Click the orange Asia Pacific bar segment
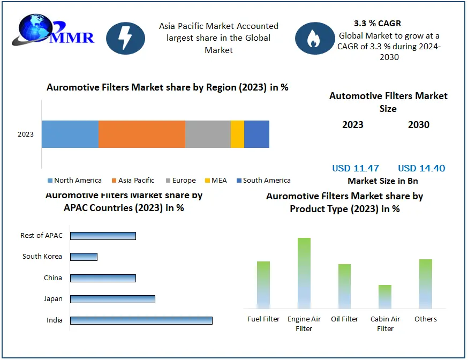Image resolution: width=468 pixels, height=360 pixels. [x=142, y=134]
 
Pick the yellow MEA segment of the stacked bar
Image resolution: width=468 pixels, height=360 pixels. [x=237, y=134]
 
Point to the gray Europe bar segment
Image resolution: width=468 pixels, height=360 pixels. [x=208, y=134]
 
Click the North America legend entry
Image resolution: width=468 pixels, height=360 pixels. [x=74, y=181]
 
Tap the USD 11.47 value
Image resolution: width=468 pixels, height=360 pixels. [x=356, y=168]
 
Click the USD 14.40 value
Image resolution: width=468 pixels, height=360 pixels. [x=421, y=168]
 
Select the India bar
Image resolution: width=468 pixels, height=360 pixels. [x=141, y=320]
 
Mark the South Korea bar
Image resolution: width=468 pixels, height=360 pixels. [x=84, y=257]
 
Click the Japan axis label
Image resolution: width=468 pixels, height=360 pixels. [x=53, y=299]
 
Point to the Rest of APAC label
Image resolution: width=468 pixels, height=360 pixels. [x=41, y=236]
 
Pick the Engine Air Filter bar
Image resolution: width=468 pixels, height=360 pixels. [x=304, y=273]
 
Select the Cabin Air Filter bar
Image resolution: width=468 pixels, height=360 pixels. [x=385, y=296]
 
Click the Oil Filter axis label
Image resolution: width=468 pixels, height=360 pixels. [x=345, y=319]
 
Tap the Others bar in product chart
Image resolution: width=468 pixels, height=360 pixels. [x=426, y=283]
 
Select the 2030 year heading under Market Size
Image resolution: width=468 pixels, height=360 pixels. [x=419, y=125]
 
